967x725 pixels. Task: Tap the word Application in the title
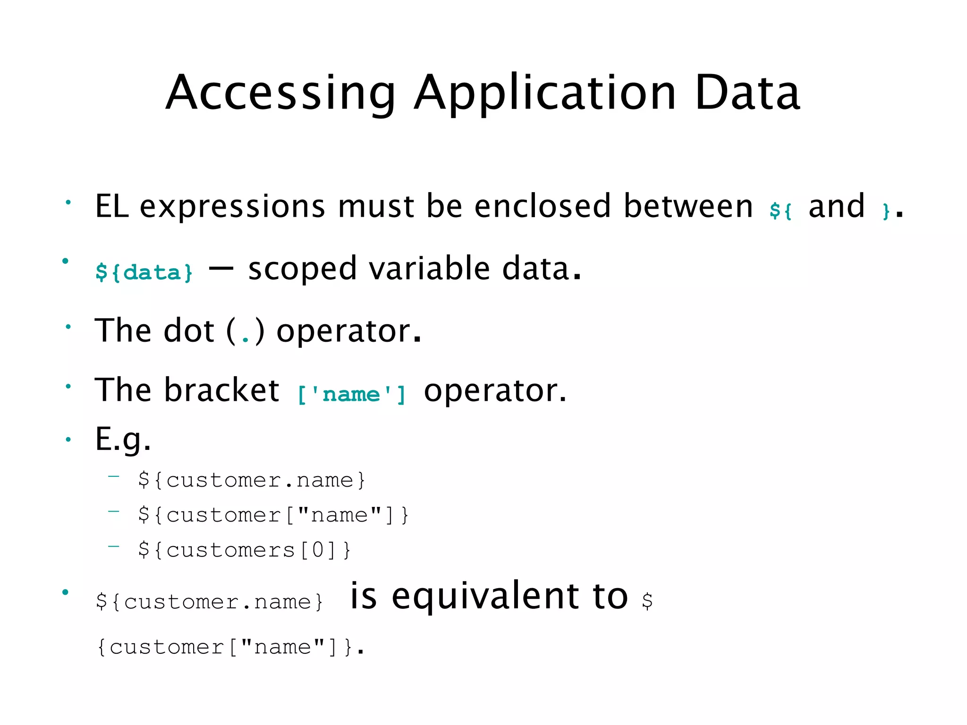[x=545, y=93]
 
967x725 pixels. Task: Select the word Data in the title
[x=747, y=93]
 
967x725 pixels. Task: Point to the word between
[x=688, y=206]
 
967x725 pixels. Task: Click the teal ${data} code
[x=144, y=272]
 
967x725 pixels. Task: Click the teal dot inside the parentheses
[x=246, y=338]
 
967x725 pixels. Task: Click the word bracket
[x=222, y=390]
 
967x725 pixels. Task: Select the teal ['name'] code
[x=352, y=394]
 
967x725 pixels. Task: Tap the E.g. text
[x=123, y=439]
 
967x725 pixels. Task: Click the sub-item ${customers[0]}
[x=245, y=550]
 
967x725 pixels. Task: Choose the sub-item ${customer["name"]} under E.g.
[x=273, y=515]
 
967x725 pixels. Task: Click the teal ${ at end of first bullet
[x=780, y=210]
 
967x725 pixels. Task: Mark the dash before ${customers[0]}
[x=114, y=547]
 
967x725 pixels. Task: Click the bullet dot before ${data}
[x=66, y=261]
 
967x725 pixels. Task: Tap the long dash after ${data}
[x=221, y=268]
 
